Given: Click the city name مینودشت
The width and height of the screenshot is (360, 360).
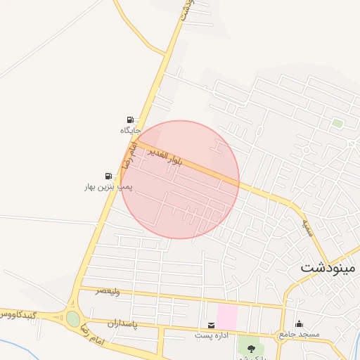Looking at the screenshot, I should coord(328,268).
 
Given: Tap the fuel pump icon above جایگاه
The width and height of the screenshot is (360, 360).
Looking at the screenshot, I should coord(130,120).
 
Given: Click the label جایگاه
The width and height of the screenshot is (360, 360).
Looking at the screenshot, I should coord(130,131).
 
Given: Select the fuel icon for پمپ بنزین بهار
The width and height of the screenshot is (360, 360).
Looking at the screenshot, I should coord(108,176).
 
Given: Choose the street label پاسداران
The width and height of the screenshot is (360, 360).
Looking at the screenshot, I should coord(121,323).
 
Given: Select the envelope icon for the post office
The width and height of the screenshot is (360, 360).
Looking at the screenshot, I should coord(211,325).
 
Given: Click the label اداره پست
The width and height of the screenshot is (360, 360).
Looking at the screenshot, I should coord(210,335).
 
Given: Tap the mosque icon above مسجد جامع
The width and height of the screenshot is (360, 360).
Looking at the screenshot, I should coord(299,323).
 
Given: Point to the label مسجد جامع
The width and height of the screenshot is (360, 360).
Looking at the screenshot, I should coord(298,334).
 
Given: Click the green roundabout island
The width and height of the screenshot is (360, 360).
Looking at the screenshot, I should coord(73,319).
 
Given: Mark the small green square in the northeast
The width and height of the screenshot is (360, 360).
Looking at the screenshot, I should coord(337,123).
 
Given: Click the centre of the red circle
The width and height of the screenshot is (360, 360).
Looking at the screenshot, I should coord(180,179).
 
